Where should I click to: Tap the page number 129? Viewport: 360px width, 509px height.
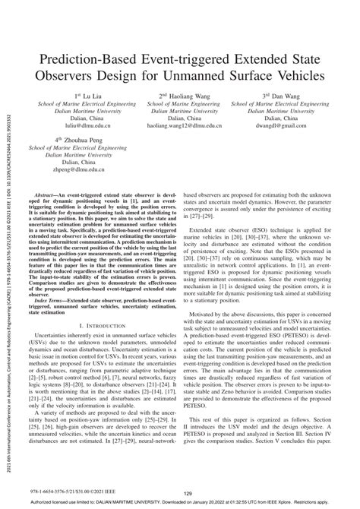pos(179,492)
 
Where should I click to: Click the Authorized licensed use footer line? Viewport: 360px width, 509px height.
pos(180,502)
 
